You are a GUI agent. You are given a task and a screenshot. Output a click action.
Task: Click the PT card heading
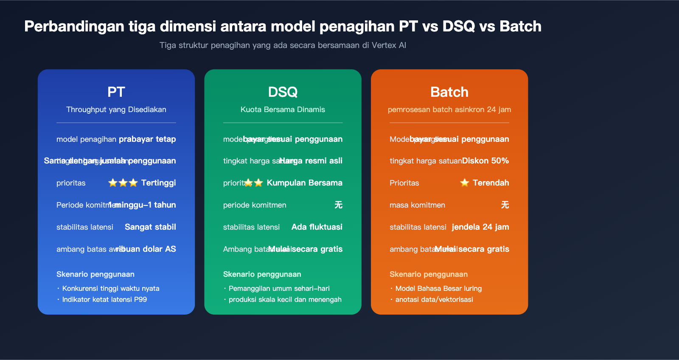tap(116, 92)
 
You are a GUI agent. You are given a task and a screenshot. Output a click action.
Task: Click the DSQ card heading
tap(283, 92)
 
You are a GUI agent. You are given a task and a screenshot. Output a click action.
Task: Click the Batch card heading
tap(449, 92)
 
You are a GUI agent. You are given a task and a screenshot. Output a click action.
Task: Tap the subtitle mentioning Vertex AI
tap(283, 45)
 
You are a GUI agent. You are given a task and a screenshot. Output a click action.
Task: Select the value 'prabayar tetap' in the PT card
tap(147, 139)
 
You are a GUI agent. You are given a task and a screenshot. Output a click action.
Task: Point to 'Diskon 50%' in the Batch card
tap(485, 161)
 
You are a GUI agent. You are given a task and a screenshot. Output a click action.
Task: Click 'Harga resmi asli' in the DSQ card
tap(311, 161)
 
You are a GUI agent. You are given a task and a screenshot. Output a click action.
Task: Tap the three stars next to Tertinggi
tap(123, 183)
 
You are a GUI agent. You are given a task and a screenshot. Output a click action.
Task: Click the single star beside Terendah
tap(465, 183)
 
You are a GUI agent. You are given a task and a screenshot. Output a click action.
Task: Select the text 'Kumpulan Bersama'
tap(304, 183)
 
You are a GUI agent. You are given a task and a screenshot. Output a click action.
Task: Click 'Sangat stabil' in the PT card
tap(150, 227)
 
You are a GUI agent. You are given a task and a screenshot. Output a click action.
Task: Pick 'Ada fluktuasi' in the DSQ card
tap(317, 227)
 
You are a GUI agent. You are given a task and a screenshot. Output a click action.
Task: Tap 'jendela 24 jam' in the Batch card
tap(480, 227)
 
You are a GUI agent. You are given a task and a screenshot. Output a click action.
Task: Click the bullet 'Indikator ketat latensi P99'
tap(104, 300)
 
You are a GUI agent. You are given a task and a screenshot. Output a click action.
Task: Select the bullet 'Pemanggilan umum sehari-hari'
tap(279, 289)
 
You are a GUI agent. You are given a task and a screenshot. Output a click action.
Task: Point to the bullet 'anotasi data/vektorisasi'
tap(434, 300)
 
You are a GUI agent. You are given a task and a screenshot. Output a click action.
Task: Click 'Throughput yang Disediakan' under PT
tap(116, 110)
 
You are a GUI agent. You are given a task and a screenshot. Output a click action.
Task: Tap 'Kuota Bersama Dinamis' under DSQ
tap(283, 110)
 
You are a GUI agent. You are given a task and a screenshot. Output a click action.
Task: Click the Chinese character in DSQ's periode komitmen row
tap(338, 205)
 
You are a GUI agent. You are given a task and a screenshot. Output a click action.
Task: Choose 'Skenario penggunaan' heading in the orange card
tap(429, 275)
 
